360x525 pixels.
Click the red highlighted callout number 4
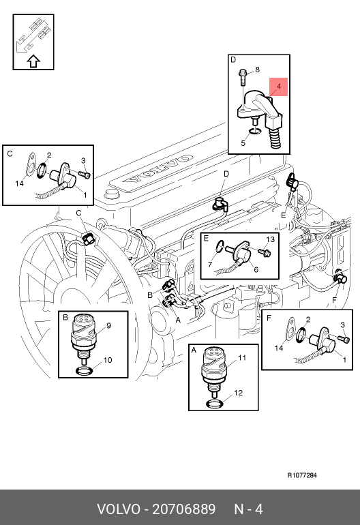coord(279,87)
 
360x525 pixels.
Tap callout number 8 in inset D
coord(257,70)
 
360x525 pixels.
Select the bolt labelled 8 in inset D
coord(243,77)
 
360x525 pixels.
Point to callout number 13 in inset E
coord(270,239)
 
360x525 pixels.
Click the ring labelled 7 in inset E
coord(220,246)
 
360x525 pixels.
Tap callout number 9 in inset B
coord(108,325)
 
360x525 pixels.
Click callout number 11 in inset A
coord(242,357)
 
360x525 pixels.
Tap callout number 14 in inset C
coord(19,183)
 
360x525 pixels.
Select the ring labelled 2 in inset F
coord(301,335)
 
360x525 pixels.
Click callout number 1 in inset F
coord(344,360)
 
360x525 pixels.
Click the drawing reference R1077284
coord(302,475)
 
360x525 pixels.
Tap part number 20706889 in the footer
coord(184,509)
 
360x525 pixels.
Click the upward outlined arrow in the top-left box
coord(33,61)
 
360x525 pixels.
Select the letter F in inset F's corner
coord(269,318)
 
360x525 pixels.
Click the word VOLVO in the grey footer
coord(119,509)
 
